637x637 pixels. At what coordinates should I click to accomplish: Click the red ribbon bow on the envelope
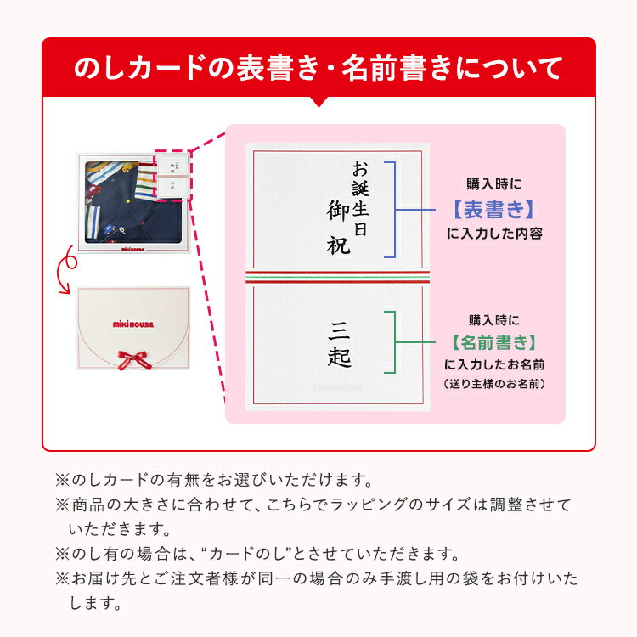(133, 359)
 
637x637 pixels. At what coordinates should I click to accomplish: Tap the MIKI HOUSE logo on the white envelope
(133, 324)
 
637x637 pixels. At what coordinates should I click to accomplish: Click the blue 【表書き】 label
(493, 210)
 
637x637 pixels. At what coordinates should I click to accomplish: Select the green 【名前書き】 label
(494, 342)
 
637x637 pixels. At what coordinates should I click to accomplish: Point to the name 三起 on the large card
(339, 344)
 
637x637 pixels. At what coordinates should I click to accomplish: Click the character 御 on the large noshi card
(338, 211)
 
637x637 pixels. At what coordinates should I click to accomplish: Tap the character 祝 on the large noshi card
(338, 245)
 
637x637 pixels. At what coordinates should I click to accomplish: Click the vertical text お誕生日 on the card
(360, 198)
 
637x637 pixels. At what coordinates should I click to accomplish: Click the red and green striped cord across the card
(337, 277)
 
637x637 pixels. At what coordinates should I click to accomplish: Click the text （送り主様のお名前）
(494, 384)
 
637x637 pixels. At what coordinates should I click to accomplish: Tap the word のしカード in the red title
(139, 68)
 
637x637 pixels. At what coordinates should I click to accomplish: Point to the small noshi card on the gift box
(172, 177)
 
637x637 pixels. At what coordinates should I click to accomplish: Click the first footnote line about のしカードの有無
(214, 480)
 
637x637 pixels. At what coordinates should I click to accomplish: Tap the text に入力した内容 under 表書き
(494, 234)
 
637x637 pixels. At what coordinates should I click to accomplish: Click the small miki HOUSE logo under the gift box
(132, 249)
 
